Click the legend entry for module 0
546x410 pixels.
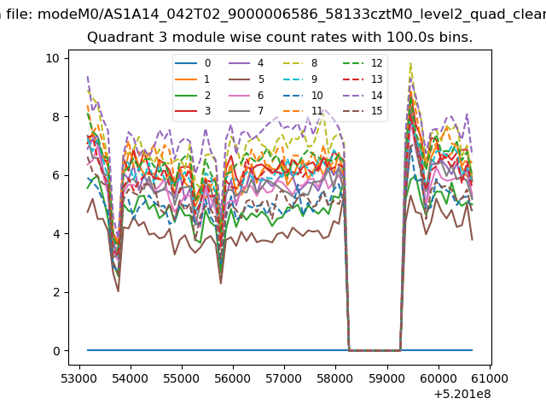tap(193, 63)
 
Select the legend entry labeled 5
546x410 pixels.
tap(247, 79)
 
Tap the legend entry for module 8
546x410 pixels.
tap(300, 63)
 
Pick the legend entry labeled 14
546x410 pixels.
tap(363, 96)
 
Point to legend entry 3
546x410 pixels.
tap(193, 111)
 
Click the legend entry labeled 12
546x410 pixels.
tap(363, 63)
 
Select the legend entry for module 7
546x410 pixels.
tap(247, 111)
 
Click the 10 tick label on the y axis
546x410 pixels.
tap(53, 58)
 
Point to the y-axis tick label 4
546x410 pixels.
tap(56, 233)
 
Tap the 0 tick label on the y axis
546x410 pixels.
tap(56, 351)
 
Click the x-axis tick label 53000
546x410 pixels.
tap(79, 378)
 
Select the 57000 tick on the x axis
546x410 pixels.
tap(284, 378)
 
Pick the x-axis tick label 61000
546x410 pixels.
tap(490, 378)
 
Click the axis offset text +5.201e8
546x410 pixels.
tap(462, 395)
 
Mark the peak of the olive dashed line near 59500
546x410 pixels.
tap(411, 63)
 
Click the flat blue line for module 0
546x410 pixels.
tap(280, 350)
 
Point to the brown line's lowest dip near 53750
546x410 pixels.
tap(119, 291)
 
